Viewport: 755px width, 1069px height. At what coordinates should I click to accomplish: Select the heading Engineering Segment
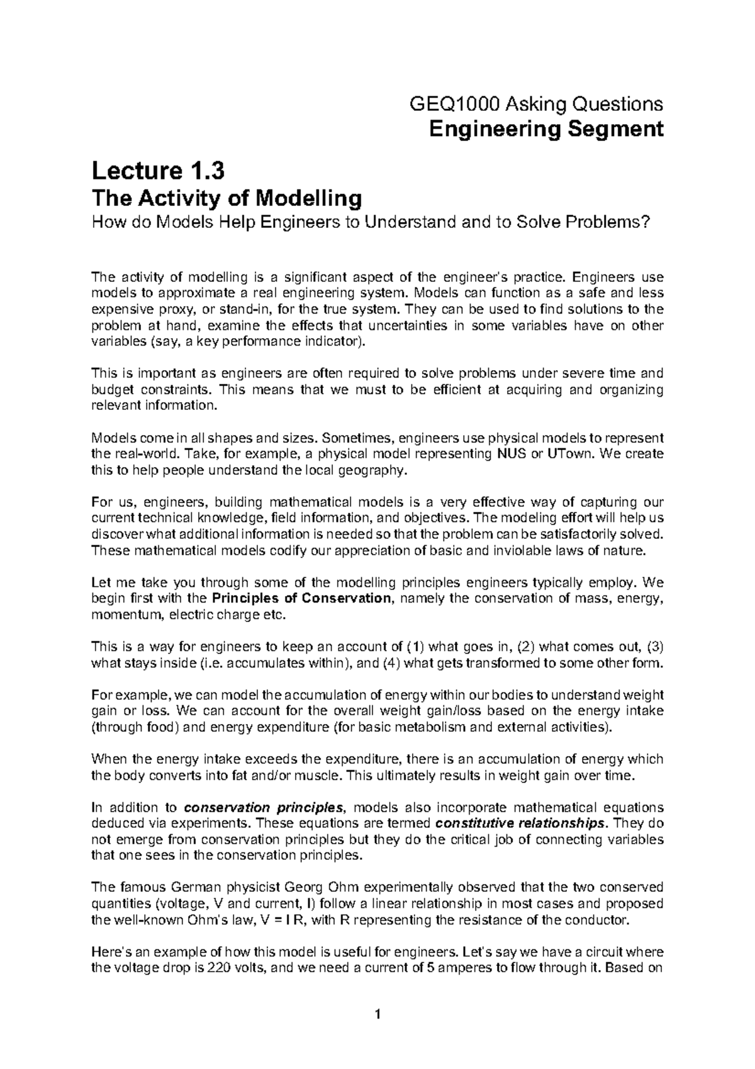545,129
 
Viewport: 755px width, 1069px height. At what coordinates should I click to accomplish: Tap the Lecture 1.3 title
157,171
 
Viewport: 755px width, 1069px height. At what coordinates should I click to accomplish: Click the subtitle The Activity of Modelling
226,199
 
